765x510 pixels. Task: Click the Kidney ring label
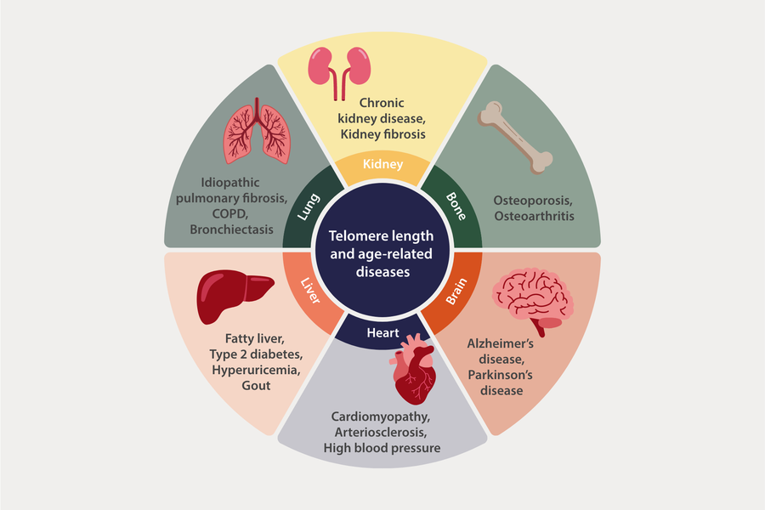point(382,164)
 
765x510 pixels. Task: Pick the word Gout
point(255,385)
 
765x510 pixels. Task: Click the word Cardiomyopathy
point(382,417)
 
